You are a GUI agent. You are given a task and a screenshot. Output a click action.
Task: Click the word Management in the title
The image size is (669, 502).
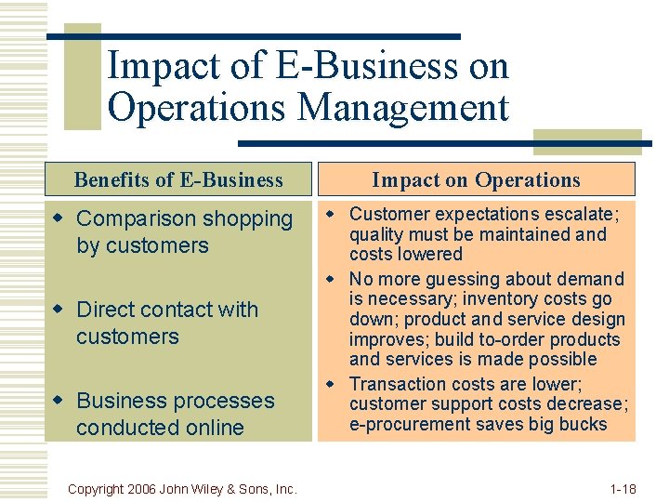pos(403,107)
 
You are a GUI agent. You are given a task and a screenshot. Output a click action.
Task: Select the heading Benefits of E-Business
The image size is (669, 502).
pos(178,179)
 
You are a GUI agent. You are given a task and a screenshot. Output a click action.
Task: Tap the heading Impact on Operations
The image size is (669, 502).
pos(476,179)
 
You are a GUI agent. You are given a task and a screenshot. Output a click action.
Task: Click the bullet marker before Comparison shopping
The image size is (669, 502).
pos(61,219)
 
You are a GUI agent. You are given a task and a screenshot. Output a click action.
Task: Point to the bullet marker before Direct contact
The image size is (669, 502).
pos(61,310)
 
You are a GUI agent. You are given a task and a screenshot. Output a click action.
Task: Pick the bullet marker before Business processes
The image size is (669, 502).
pos(61,402)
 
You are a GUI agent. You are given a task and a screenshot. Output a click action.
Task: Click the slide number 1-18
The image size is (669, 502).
pos(623,488)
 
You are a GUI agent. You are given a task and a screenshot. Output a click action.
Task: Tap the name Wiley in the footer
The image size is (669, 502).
pos(213,488)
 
